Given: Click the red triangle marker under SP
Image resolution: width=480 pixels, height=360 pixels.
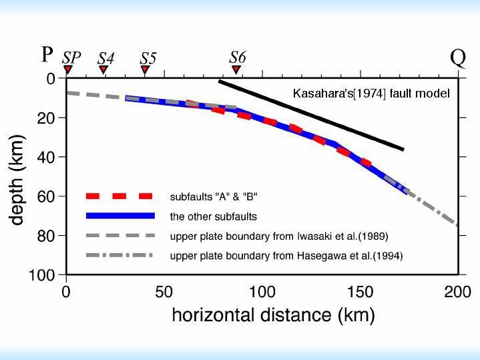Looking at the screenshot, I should [67, 69].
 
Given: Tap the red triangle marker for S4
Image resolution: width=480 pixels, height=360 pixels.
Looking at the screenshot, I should [103, 69].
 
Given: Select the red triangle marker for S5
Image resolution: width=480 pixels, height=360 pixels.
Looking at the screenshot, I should [145, 69].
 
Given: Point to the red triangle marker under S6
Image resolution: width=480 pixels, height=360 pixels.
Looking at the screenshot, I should [236, 69].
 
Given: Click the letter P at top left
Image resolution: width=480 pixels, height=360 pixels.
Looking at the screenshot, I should [47, 54].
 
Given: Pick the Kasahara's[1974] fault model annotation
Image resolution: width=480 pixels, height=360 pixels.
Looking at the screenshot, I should [371, 94].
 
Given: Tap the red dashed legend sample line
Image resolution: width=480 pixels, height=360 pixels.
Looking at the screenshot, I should [120, 196].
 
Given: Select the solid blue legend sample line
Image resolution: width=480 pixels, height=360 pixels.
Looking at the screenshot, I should [120, 216].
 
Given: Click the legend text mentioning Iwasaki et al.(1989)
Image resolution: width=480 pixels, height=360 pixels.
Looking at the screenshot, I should [279, 236].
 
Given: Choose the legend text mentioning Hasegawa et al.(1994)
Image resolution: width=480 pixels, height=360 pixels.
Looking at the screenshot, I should [286, 256].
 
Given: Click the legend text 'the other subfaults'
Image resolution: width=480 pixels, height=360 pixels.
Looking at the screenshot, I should [214, 216].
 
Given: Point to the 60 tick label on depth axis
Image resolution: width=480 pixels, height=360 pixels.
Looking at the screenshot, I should [47, 196].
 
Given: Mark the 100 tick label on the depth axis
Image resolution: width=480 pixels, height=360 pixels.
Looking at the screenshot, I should [43, 275].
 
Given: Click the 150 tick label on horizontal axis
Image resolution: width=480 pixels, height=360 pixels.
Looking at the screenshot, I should [360, 292].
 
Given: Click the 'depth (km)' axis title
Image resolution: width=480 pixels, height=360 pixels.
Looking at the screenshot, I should [18, 176].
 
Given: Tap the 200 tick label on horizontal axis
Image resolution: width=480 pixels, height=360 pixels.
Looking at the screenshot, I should [458, 292].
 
